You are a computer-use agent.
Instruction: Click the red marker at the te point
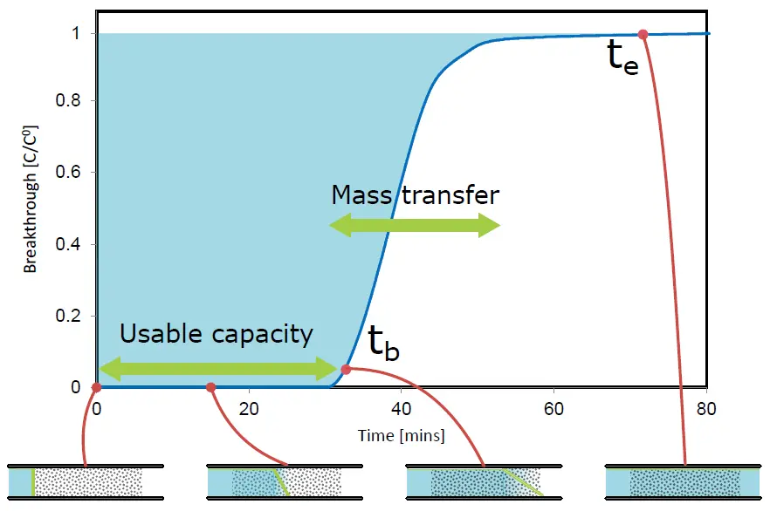tap(643, 34)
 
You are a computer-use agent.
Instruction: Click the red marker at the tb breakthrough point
tap(346, 369)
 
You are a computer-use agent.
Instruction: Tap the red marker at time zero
tap(96, 387)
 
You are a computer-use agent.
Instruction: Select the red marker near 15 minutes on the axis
tap(210, 387)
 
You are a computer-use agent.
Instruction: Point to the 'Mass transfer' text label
tap(415, 194)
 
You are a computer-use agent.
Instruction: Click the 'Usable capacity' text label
tap(216, 334)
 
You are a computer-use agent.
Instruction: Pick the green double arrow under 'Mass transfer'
tap(415, 227)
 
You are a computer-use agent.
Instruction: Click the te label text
tap(623, 58)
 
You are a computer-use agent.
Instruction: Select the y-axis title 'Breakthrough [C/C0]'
tap(31, 209)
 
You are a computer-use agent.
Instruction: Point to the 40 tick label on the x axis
tap(402, 408)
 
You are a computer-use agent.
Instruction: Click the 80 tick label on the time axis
tap(706, 408)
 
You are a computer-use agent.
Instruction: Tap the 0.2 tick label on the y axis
tap(76, 317)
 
